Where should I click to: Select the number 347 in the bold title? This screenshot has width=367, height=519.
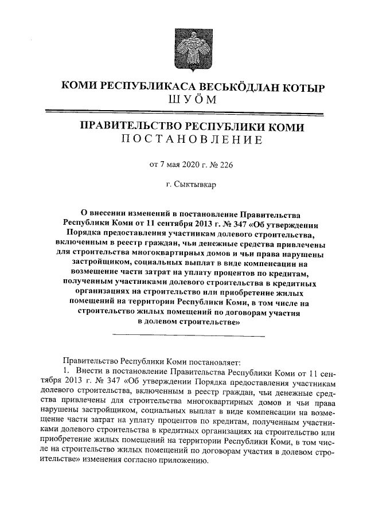[x=210, y=224]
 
